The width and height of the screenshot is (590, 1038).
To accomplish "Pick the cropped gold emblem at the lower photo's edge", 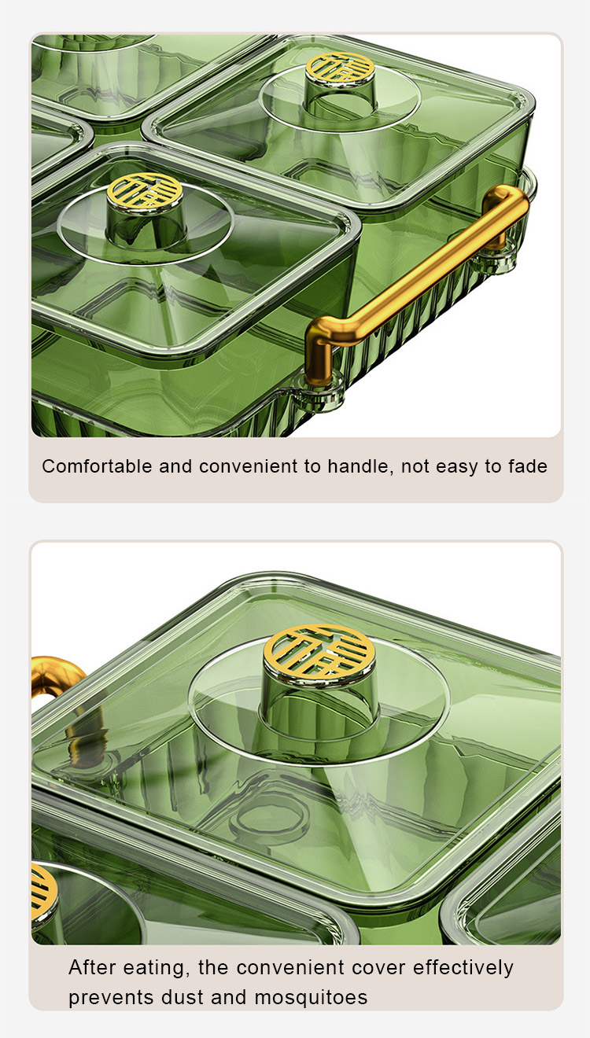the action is (44, 891).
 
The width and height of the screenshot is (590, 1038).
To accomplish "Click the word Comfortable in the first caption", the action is (97, 466).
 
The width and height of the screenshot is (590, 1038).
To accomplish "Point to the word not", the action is (415, 466).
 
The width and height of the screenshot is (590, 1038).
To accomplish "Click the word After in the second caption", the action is (92, 967).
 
